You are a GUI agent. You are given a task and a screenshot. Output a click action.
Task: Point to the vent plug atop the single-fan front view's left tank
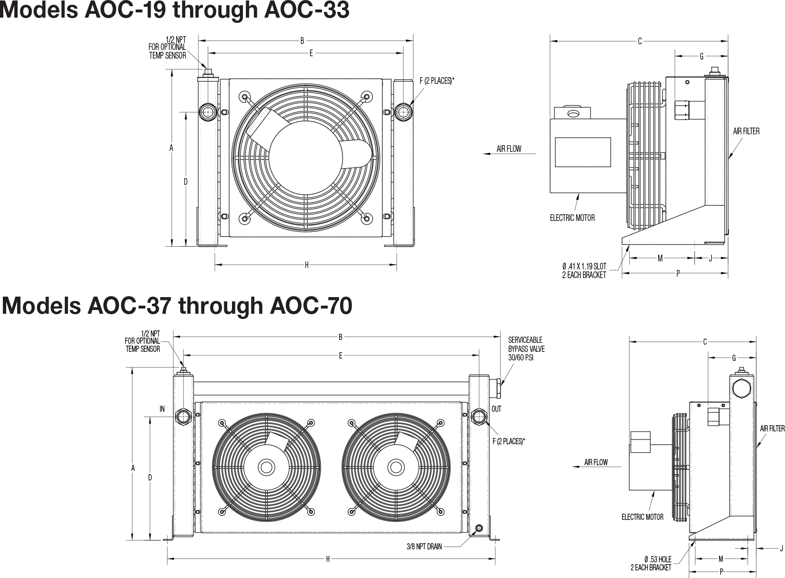(208, 73)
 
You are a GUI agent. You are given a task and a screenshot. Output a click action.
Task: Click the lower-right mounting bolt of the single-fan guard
(366, 218)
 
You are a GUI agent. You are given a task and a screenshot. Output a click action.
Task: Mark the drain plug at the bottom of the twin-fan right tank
(479, 528)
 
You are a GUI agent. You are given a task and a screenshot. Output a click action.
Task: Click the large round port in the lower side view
(742, 388)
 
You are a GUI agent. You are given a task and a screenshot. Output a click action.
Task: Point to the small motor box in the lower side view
(641, 442)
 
